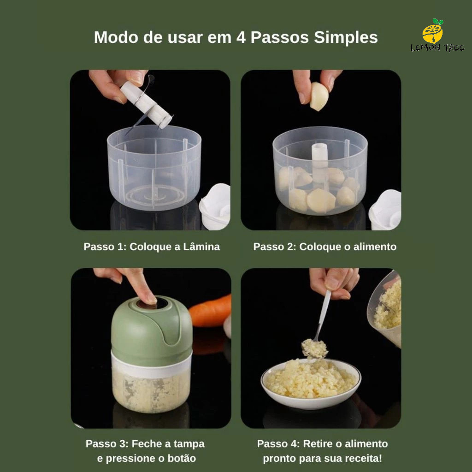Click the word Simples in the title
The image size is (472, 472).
[x=346, y=38]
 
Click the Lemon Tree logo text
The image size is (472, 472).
[x=437, y=47]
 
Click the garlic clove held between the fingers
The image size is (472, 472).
[x=319, y=96]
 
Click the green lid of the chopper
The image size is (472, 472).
[x=151, y=331]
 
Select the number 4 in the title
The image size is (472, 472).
[x=241, y=38]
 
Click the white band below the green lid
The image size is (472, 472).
[x=152, y=365]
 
